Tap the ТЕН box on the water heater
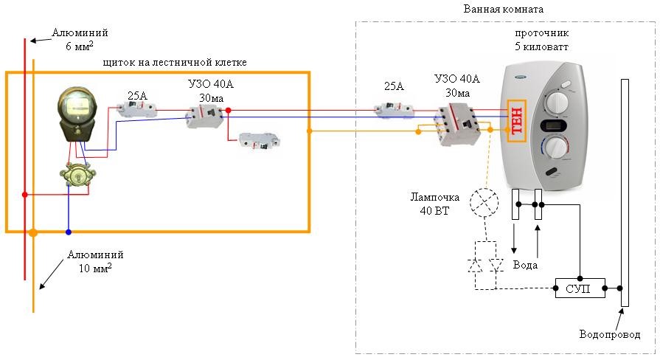pos(515,120)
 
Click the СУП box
pos(580,287)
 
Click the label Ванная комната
pos(504,10)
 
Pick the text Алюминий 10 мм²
pos(95,261)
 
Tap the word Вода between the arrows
pos(525,265)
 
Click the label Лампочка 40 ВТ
pos(436,204)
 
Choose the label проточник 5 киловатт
pos(541,40)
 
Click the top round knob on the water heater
pos(560,100)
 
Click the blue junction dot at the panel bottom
pos(69,232)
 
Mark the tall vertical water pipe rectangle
pos(625,192)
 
